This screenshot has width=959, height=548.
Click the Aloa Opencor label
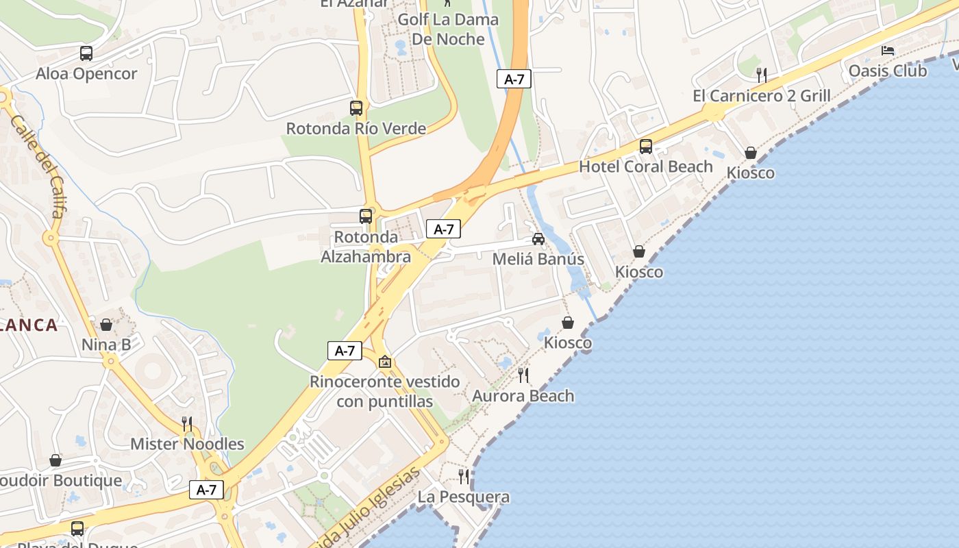pos(86,73)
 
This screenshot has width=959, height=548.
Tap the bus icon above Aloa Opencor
pos(86,53)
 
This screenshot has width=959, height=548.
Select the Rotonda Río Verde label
pos(356,128)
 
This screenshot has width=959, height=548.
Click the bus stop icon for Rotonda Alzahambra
pos(366,216)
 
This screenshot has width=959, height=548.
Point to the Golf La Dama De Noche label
pos(448,29)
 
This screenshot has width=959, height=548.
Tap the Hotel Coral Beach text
pos(646,166)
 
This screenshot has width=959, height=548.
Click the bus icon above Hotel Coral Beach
pos(646,146)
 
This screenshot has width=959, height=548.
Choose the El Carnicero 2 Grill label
pos(761,95)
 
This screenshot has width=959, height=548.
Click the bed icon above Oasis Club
pos(888,51)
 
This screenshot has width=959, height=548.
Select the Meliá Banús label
pos(538,259)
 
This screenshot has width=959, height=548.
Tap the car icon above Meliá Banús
pos(538,239)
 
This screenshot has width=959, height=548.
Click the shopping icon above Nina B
pos(106,325)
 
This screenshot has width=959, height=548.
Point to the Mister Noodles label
pos(187,444)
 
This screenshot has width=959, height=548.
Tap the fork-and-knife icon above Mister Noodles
pos(187,423)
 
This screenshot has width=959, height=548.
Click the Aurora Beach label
pos(523,395)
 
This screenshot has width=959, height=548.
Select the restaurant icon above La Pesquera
pos(464,476)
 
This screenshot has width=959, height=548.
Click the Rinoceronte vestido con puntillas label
pos(385,391)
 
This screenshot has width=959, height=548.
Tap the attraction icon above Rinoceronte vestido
pos(385,362)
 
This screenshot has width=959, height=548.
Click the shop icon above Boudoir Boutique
pos(55,460)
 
